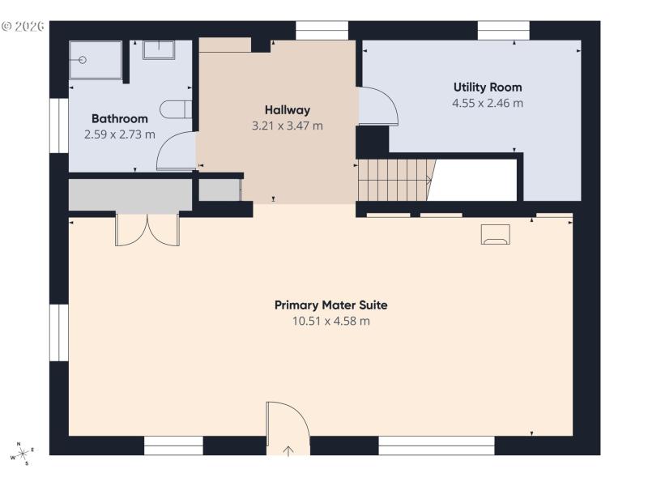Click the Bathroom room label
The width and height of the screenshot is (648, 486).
pyautogui.click(x=119, y=119)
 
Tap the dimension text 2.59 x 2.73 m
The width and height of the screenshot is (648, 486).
pyautogui.click(x=119, y=134)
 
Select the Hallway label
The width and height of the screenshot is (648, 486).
pyautogui.click(x=287, y=110)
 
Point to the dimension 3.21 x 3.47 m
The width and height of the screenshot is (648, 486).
pyautogui.click(x=287, y=126)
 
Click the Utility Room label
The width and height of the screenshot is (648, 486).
pyautogui.click(x=487, y=87)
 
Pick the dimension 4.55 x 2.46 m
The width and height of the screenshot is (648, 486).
pyautogui.click(x=487, y=103)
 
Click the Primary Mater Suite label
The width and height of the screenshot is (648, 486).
pyautogui.click(x=330, y=305)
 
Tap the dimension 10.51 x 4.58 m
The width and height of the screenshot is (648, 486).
pyautogui.click(x=330, y=321)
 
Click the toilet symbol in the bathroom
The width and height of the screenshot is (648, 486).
pyautogui.click(x=175, y=109)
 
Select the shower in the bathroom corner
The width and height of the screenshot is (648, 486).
pyautogui.click(x=95, y=59)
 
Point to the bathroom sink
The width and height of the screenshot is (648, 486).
pyautogui.click(x=159, y=50)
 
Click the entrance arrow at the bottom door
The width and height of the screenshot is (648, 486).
pyautogui.click(x=288, y=450)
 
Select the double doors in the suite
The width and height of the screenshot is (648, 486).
pyautogui.click(x=147, y=229)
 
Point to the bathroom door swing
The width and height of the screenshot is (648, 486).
pyautogui.click(x=176, y=151)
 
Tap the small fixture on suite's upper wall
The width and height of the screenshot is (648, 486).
pyautogui.click(x=495, y=234)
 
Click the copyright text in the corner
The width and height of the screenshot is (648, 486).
pyautogui.click(x=22, y=26)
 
